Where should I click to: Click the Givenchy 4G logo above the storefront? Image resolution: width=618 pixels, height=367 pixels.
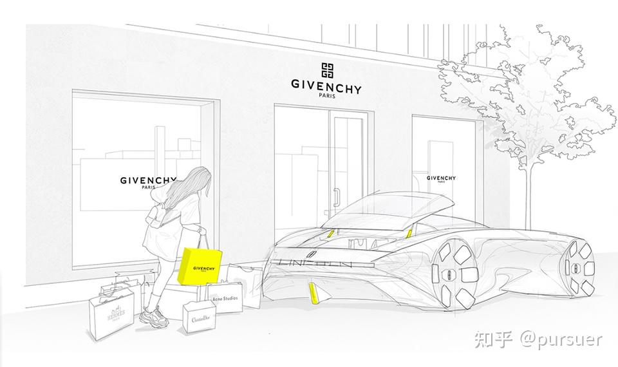[x=326, y=71]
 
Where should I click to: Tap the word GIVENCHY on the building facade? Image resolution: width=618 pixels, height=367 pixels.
[x=326, y=88]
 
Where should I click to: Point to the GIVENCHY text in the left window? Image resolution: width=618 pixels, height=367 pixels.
[x=149, y=181]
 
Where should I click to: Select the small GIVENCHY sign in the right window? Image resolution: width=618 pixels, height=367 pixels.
[x=441, y=178]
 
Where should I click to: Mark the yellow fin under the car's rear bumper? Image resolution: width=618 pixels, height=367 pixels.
[x=314, y=292]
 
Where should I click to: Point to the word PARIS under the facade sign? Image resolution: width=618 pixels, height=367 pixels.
[x=326, y=97]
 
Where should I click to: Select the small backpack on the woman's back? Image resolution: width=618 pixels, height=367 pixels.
[x=154, y=212]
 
